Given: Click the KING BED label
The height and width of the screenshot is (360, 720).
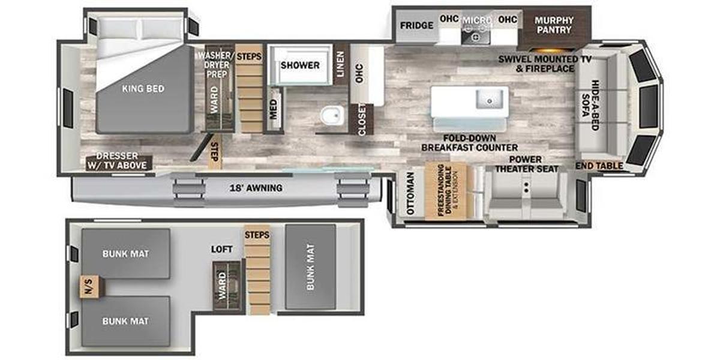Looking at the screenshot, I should pos(143,89).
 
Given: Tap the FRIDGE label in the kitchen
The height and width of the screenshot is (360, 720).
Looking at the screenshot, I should pos(416,26).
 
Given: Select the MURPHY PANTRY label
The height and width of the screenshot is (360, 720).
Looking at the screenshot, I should pos(554,25).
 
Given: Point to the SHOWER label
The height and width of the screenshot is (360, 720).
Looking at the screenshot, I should pos(300,65).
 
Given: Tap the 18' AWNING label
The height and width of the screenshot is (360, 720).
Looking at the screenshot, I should pos(256,188).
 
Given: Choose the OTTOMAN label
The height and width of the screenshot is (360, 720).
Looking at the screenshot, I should pos(410,194).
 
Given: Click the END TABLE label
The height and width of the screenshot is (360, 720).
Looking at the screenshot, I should pos(599,166).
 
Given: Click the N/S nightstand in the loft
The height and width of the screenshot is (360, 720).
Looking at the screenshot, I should pos(89,287).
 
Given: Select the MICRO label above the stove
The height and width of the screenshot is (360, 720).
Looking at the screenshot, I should pos(476,20).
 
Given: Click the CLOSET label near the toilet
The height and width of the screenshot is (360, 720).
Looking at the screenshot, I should pos(362,120).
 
